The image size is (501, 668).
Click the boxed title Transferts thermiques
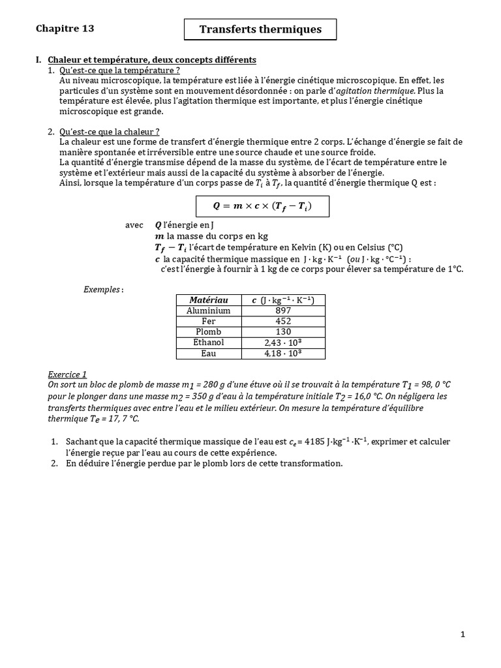click(260, 29)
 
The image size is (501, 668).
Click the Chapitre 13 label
click(65, 28)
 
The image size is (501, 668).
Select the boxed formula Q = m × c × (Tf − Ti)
click(263, 206)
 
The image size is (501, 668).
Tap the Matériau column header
click(208, 299)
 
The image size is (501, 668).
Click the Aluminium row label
click(208, 311)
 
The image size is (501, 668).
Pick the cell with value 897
click(283, 311)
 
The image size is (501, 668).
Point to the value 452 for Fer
click(283, 321)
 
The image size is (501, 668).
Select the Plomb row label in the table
click(208, 332)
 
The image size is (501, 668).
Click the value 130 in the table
click(283, 332)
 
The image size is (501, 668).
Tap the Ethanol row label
click(208, 342)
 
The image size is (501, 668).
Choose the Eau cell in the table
click(208, 354)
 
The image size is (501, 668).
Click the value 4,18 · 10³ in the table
click(283, 354)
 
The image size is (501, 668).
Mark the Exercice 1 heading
click(67, 374)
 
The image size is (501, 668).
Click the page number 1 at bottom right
click(462, 635)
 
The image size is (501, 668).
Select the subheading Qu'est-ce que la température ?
click(119, 70)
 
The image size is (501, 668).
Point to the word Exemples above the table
click(103, 289)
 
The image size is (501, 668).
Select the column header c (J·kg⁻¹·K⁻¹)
click(283, 299)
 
